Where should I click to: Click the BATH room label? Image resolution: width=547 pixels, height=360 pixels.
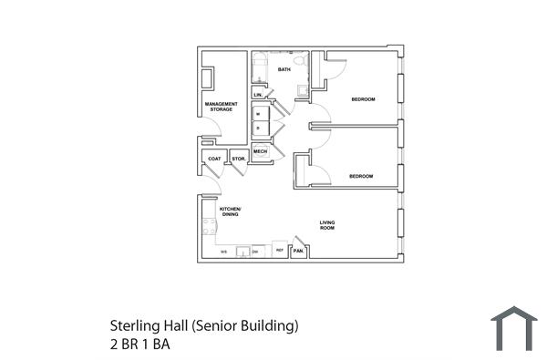[x=284, y=69]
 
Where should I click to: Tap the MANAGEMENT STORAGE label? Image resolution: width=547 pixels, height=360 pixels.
[x=222, y=107]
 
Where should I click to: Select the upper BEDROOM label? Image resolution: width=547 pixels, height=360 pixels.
[x=363, y=98]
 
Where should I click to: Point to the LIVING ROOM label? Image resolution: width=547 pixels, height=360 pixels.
[x=326, y=225]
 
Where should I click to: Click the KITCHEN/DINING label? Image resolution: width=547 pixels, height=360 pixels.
[x=229, y=212]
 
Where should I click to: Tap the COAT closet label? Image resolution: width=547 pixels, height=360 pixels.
[x=214, y=159]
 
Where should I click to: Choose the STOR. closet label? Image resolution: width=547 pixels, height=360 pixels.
[x=239, y=159]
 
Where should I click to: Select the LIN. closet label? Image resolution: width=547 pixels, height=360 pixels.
[x=258, y=95]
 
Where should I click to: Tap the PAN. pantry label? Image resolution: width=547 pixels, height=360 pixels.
[x=298, y=251]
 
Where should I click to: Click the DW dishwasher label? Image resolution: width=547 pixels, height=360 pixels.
[x=255, y=251]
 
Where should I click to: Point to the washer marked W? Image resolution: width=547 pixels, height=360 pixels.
[x=259, y=114]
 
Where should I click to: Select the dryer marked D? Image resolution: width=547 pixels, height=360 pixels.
[x=259, y=129]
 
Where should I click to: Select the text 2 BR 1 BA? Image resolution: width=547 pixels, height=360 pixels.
[x=139, y=345]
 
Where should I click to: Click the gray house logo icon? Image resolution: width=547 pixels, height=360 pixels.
[x=513, y=328]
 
